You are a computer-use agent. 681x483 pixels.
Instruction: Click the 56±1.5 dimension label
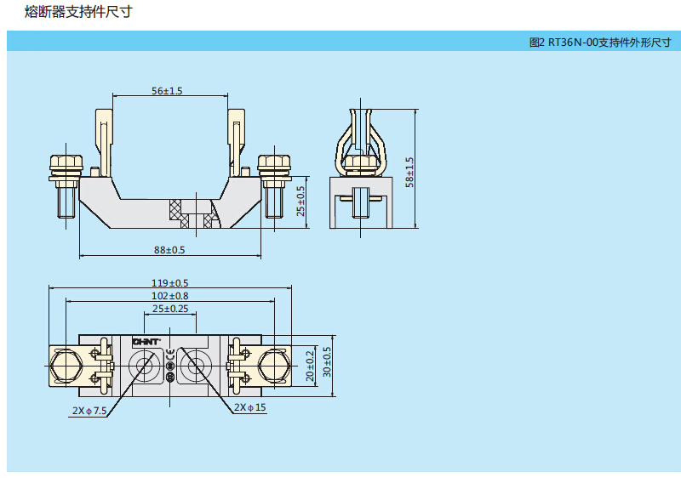click(168, 90)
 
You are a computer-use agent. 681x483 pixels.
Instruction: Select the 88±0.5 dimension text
click(169, 249)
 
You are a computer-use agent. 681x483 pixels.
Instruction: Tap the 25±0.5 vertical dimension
click(300, 201)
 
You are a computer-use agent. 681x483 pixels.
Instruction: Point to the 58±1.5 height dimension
click(409, 173)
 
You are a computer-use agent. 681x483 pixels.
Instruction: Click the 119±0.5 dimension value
click(169, 283)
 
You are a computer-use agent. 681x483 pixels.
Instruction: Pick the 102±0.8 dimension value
click(169, 296)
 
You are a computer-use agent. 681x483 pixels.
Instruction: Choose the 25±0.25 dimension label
click(170, 309)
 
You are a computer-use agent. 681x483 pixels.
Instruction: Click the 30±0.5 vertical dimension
click(326, 365)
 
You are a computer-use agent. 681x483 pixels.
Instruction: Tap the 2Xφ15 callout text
click(249, 408)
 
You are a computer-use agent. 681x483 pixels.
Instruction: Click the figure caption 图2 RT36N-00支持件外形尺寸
click(599, 42)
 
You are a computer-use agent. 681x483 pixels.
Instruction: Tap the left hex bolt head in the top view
click(66, 365)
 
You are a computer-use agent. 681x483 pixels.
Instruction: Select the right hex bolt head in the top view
click(273, 365)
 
